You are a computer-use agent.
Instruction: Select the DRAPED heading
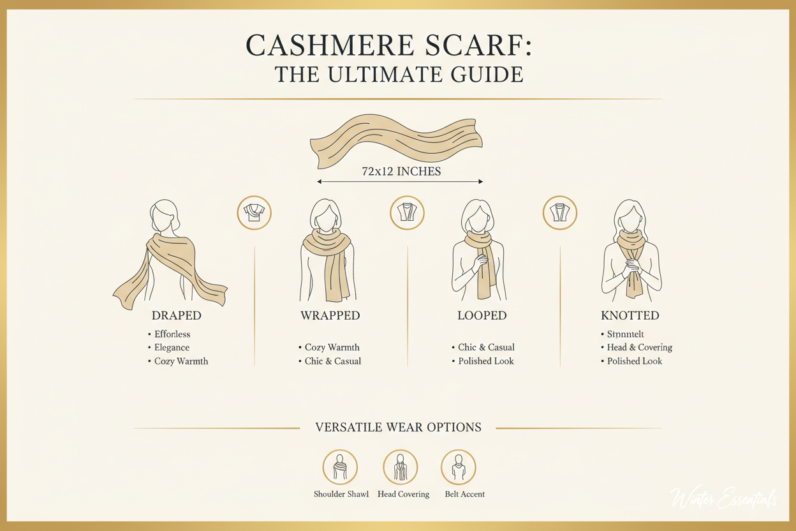(x=177, y=316)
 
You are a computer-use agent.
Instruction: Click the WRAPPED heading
(x=330, y=316)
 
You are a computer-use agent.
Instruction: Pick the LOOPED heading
(x=482, y=316)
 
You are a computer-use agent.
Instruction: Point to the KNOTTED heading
(x=630, y=316)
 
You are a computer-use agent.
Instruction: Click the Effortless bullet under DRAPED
(x=172, y=334)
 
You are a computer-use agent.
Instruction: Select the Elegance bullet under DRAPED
(x=172, y=348)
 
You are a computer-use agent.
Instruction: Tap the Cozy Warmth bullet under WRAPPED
(x=332, y=348)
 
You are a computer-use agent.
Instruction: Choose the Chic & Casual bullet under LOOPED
(x=486, y=348)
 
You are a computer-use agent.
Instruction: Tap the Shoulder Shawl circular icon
(x=340, y=467)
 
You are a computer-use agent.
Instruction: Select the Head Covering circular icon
(x=400, y=467)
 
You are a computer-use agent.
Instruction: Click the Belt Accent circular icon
(x=458, y=467)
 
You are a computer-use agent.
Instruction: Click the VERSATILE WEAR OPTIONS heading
(x=398, y=428)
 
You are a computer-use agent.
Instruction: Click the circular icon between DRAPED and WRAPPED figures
(x=254, y=213)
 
